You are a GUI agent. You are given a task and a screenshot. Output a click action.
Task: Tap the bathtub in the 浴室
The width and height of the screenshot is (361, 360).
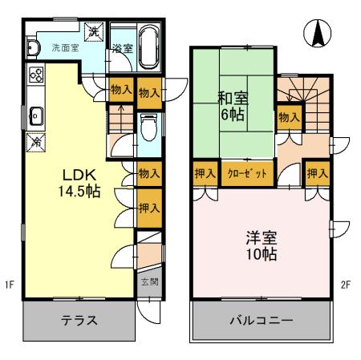150,39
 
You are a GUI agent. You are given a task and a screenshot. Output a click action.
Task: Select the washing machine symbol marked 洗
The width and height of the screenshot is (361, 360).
94,31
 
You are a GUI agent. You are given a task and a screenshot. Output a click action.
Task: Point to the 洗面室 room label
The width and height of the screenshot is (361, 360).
66,48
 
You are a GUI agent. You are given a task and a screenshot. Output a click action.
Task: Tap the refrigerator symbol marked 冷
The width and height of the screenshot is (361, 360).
36,143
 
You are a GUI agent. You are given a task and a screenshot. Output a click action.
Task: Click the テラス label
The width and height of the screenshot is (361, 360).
79,321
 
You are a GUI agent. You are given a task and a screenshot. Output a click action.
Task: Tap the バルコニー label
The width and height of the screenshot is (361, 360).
262,321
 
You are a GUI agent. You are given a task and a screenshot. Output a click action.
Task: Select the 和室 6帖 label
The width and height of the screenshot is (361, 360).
233,106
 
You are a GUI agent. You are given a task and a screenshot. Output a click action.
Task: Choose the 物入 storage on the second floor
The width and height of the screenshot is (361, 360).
289,118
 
